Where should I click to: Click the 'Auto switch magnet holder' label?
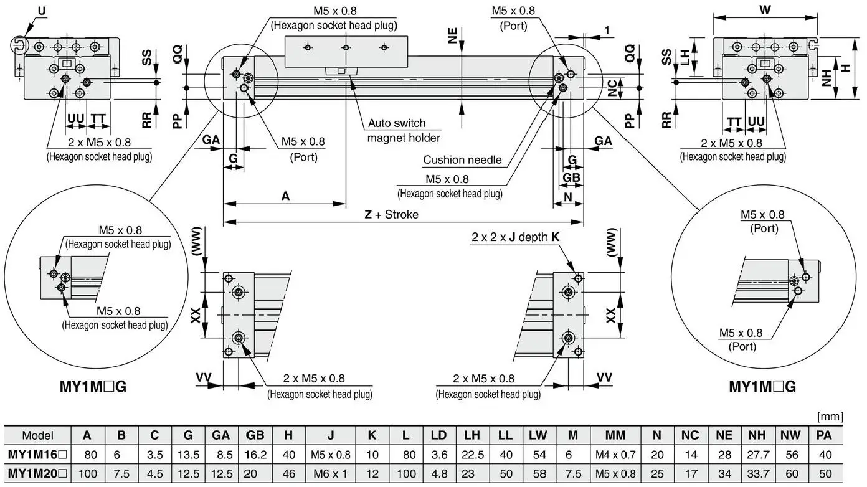coord(404,131)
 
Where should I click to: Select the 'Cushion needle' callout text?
coord(462,159)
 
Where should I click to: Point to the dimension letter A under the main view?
coord(285,196)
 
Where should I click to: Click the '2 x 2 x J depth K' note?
coord(515,237)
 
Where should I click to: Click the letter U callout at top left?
coord(41,11)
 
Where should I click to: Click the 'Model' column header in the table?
coord(37,435)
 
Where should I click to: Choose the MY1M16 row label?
coord(37,455)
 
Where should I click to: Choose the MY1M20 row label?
coord(37,473)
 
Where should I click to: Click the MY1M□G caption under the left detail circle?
coord(93,387)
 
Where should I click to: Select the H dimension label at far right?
coord(845,69)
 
